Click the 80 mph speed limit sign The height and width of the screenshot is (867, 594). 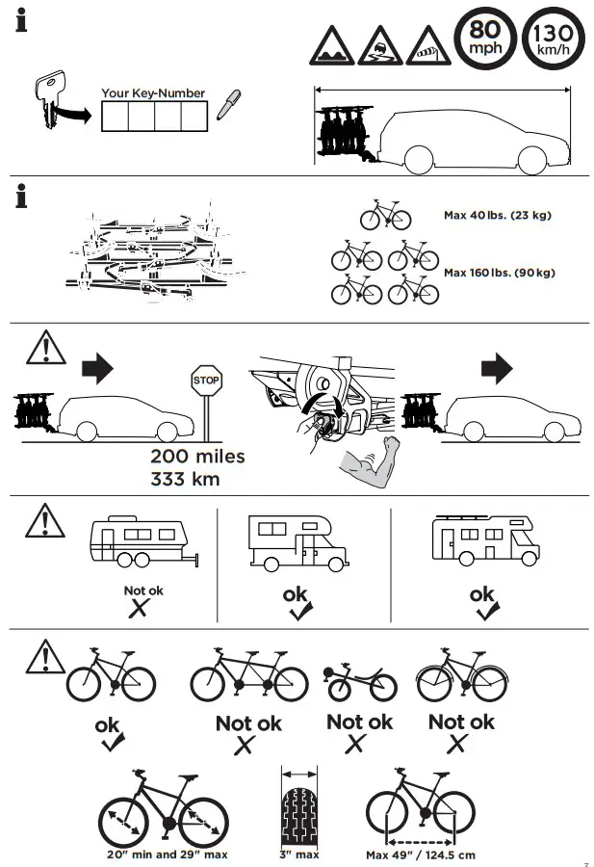484,39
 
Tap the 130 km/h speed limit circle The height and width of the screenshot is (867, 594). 552,39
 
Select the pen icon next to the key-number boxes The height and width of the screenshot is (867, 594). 227,104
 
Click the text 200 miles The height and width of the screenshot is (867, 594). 196,457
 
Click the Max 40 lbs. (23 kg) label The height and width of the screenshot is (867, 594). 498,216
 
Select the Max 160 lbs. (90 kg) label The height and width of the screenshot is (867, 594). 499,273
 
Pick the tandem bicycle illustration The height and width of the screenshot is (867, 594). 248,676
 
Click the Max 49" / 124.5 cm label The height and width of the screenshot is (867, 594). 420,854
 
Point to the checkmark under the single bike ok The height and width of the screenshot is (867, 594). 112,743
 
